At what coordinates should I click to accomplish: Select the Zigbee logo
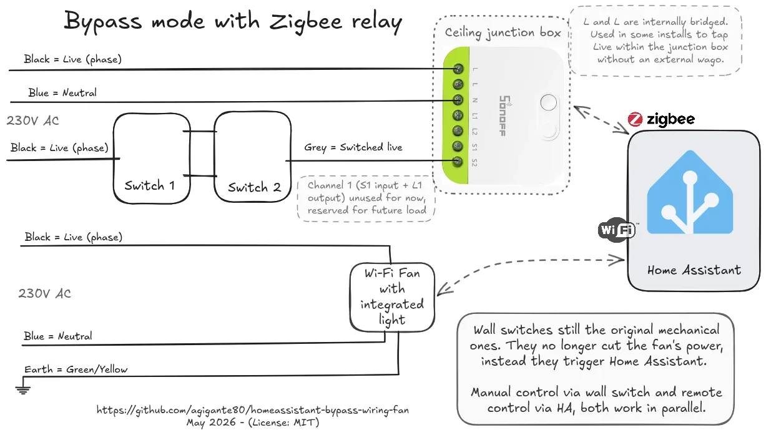661,119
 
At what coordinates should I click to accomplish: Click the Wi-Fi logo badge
617,230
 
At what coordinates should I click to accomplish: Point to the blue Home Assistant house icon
690,192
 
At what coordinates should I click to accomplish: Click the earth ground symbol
23,389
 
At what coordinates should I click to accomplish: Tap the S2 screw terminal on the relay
457,162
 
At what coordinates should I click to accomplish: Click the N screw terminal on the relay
458,100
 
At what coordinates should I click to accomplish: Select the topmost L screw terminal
458,69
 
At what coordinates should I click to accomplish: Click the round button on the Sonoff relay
549,102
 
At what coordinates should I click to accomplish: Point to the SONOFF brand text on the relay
504,115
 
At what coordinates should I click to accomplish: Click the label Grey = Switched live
353,147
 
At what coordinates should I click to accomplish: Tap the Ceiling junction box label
503,33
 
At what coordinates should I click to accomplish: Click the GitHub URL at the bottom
253,409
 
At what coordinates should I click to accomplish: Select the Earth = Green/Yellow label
76,369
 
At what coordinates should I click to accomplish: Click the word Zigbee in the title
306,22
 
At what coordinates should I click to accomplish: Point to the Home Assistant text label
694,270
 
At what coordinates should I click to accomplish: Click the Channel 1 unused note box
366,198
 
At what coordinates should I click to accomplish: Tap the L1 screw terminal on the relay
458,115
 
